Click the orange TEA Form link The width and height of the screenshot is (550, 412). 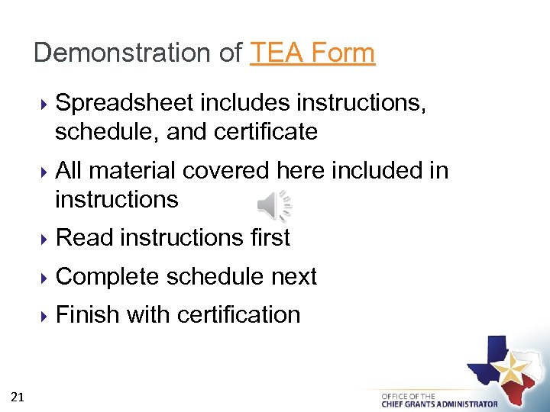pos(312,53)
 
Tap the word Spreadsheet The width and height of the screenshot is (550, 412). pos(125,103)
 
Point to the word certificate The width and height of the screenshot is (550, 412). pos(266,132)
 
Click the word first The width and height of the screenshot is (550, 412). pos(270,238)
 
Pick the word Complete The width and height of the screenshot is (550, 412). pos(108,276)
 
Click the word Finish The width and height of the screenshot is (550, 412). pos(88,314)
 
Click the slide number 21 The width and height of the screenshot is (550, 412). pos(18,396)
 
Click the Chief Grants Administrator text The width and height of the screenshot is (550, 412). pos(439,404)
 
